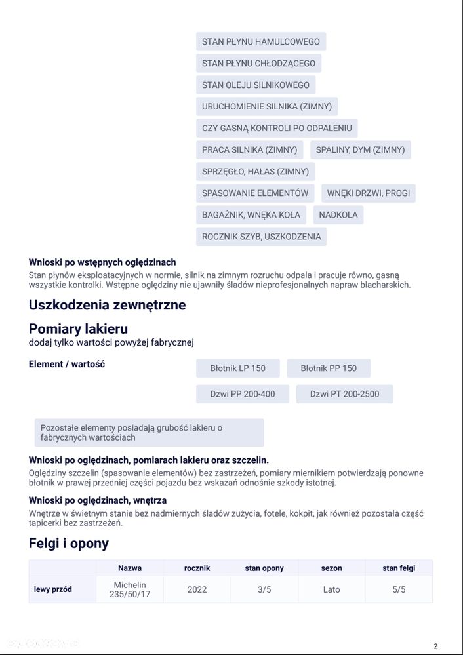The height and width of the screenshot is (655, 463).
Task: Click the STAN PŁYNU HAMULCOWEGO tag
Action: click(x=260, y=41)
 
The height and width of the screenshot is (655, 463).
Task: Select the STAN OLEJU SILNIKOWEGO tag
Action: click(x=255, y=85)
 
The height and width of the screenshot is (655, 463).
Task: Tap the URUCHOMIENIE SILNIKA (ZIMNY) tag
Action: click(x=266, y=106)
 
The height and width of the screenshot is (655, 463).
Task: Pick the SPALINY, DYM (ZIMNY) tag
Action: click(x=360, y=149)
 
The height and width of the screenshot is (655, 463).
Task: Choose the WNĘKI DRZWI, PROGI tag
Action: click(x=369, y=193)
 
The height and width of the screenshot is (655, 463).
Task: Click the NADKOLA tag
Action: click(x=338, y=215)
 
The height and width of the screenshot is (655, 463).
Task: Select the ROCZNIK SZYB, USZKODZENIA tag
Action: click(x=261, y=237)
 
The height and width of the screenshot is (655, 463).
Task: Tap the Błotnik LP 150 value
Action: click(x=237, y=368)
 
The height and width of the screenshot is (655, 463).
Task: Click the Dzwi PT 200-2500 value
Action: click(x=344, y=394)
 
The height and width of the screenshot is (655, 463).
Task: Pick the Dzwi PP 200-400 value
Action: click(x=242, y=394)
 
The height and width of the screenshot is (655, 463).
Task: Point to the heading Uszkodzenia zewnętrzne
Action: click(x=107, y=305)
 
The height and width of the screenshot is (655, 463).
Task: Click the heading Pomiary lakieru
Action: click(x=78, y=328)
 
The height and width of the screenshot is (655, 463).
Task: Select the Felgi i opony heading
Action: click(x=69, y=544)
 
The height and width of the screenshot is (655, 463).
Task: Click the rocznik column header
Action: click(x=197, y=568)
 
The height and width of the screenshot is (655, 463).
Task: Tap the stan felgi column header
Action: click(x=399, y=568)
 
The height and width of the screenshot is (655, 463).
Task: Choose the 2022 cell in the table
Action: click(x=197, y=589)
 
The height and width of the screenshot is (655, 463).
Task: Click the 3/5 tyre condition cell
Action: click(x=264, y=589)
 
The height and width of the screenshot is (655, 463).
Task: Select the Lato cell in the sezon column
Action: click(x=331, y=589)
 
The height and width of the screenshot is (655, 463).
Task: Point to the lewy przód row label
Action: click(x=53, y=589)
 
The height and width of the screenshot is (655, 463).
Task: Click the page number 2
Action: click(x=435, y=646)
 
